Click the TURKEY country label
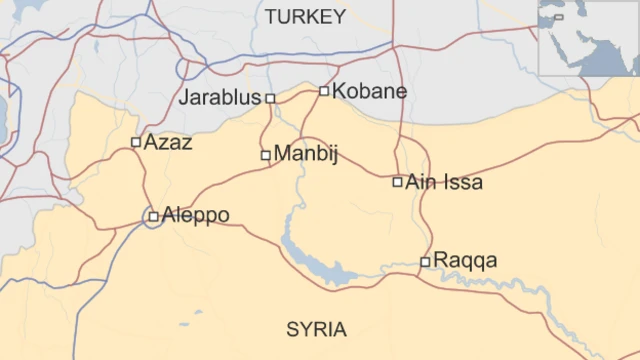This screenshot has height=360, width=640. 306,17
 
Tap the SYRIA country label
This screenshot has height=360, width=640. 316,330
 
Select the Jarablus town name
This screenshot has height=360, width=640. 219,98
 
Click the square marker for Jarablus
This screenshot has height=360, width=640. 270,98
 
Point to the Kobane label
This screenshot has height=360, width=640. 369,91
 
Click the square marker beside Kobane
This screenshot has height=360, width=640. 324,91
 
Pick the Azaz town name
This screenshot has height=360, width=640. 168,142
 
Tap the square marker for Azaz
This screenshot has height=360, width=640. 137,142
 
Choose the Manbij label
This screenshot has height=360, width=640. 306,155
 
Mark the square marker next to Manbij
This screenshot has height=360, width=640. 266,155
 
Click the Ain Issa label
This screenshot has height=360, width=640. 444,182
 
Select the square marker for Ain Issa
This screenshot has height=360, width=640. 398,182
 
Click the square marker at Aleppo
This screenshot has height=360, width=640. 153,216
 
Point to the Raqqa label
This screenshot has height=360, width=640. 465,262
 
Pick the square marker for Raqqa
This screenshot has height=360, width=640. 425,262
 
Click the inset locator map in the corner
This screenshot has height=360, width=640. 588,38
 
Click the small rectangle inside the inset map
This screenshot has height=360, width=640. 558,16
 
